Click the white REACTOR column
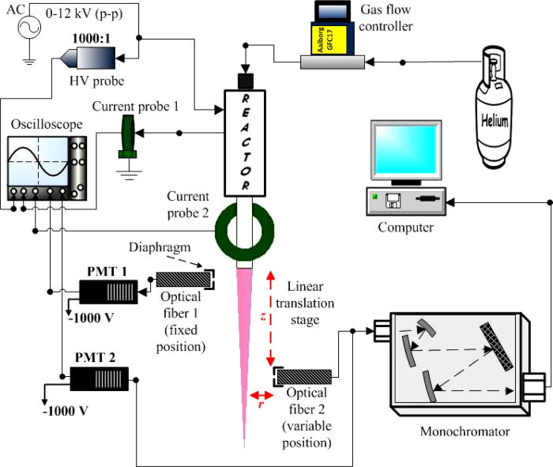[245, 142]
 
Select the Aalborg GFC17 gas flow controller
[335, 36]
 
